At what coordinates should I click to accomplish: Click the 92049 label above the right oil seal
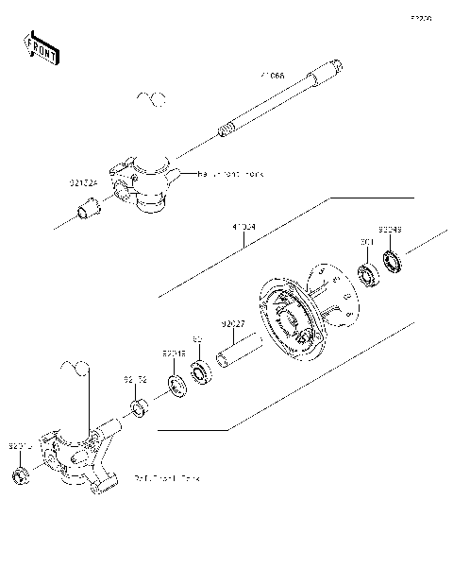391,230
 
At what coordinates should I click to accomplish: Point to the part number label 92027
233,322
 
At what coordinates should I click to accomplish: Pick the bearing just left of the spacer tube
200,371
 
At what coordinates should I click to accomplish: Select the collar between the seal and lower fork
139,409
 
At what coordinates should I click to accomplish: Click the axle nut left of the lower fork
20,474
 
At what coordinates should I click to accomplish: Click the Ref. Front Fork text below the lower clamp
168,478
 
